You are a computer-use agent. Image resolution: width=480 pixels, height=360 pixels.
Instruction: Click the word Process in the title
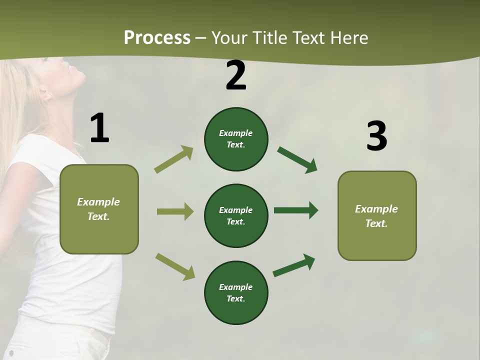click(x=157, y=38)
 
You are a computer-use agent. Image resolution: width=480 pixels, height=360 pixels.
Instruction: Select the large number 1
click(x=99, y=128)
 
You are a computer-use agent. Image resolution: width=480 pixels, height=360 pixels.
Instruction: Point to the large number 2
click(x=236, y=75)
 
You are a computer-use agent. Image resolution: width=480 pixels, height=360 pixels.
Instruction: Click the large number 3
click(x=376, y=136)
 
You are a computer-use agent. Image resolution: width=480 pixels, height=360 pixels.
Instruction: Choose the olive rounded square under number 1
click(x=99, y=209)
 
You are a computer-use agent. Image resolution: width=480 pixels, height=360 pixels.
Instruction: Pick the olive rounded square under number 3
click(x=377, y=215)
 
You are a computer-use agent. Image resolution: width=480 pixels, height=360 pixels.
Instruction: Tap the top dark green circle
click(x=236, y=139)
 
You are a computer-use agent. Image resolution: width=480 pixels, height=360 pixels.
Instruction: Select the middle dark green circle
click(x=236, y=215)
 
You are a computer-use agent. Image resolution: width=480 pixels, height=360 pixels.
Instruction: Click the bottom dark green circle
click(x=236, y=292)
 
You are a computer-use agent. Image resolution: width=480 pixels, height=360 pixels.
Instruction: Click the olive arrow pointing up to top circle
click(x=174, y=159)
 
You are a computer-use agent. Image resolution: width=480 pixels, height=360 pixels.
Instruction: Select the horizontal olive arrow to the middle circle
click(x=175, y=211)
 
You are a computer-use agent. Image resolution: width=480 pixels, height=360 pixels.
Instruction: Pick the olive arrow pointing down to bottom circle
click(x=175, y=266)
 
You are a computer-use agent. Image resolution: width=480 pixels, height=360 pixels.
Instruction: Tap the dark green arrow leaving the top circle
click(x=297, y=160)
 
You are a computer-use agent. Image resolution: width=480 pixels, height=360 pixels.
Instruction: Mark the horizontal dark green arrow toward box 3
click(x=296, y=210)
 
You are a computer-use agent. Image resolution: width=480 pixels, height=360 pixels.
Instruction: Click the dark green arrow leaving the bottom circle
click(x=294, y=265)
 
